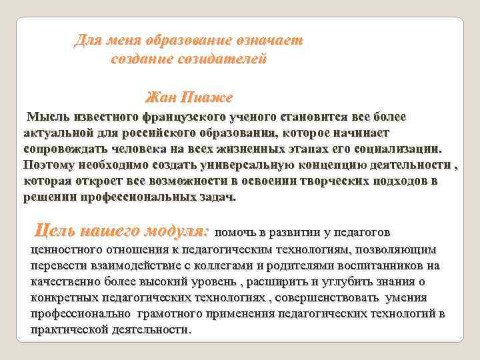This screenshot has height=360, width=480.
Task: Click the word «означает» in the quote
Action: (269, 41)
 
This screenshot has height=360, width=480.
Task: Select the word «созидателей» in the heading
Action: (227, 59)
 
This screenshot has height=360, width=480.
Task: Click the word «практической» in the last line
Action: (67, 329)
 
